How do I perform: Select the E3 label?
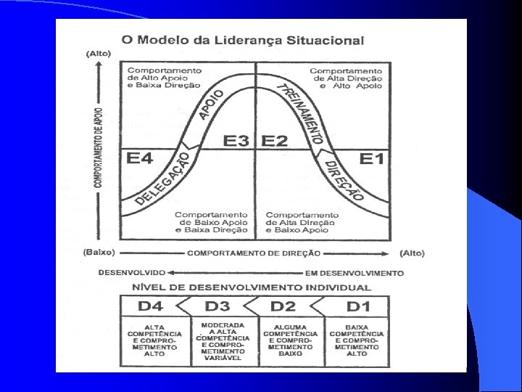236,140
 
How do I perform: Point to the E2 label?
275,140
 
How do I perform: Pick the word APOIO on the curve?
210,104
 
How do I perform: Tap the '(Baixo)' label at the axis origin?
98,253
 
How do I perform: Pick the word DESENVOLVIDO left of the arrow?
133,273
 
